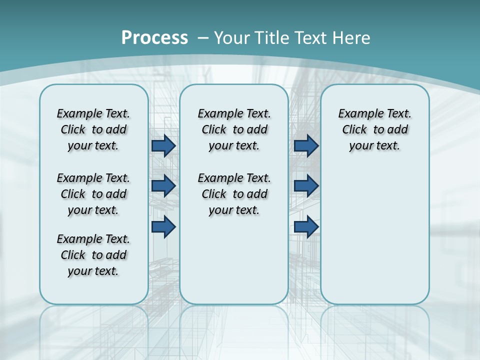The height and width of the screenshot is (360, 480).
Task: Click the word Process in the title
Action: (154, 37)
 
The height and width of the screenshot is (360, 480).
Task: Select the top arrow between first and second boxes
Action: (163, 146)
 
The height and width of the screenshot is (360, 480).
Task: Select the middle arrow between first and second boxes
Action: (163, 186)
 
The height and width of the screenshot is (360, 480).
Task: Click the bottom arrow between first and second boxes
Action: (163, 227)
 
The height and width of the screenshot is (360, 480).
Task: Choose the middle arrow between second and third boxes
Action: (306, 186)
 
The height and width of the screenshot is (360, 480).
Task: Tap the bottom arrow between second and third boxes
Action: (306, 227)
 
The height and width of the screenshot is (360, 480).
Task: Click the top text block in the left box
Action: (93, 129)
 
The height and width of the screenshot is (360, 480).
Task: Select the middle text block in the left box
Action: (93, 194)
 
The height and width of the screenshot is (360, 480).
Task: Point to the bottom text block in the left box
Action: (93, 255)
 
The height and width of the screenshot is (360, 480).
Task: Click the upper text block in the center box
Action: (234, 129)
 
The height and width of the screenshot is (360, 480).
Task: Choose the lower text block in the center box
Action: (234, 194)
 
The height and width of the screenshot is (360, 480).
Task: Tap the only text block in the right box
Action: (374, 129)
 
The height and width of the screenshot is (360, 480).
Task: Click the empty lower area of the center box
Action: (234, 260)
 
